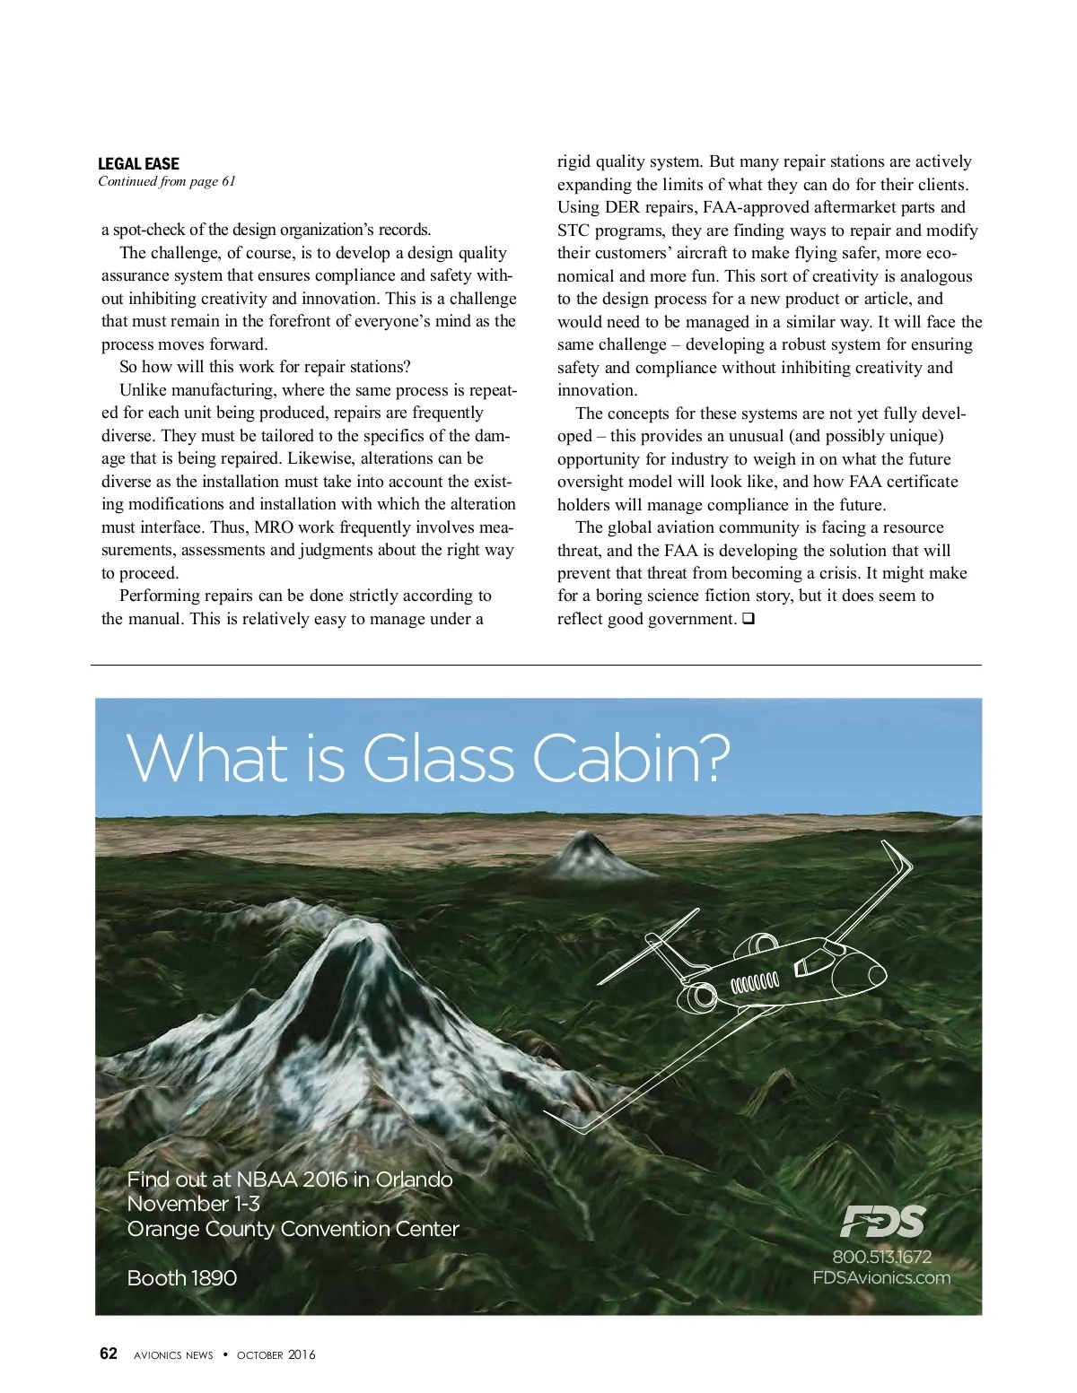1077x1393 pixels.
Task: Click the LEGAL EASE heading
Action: (138, 163)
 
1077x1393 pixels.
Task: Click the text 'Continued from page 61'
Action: (167, 181)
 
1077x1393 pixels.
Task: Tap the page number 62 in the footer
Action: (108, 1354)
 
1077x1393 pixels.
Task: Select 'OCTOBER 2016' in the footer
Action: (276, 1354)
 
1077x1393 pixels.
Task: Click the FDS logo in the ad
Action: (882, 1221)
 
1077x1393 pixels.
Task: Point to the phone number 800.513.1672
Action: (882, 1257)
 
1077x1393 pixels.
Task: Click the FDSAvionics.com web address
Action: (881, 1277)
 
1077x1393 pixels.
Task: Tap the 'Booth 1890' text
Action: (182, 1277)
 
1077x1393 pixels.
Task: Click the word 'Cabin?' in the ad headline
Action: (632, 759)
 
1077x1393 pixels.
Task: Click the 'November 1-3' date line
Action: (194, 1204)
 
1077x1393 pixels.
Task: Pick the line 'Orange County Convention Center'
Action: (293, 1229)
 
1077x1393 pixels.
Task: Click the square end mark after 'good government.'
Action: (749, 619)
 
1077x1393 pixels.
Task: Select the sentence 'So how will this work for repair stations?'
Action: (265, 367)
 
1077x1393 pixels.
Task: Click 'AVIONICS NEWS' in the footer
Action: (173, 1354)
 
